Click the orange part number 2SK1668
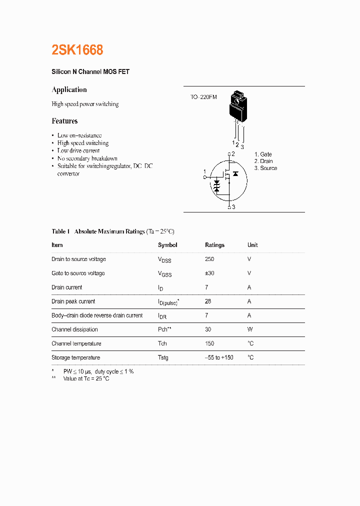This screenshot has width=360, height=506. click(x=77, y=50)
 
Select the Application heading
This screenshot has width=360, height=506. click(x=69, y=90)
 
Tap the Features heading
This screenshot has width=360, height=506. click(x=64, y=121)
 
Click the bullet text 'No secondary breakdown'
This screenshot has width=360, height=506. click(x=87, y=158)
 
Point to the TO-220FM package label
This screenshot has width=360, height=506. click(x=203, y=97)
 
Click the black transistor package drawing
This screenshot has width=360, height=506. click(x=237, y=106)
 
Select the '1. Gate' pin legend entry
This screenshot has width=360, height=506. click(x=263, y=154)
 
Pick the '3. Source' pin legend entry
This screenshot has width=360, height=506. click(x=265, y=168)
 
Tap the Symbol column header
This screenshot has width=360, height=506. click(x=167, y=245)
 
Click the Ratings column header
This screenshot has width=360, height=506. click(x=214, y=245)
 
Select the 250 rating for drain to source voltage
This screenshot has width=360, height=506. click(x=209, y=259)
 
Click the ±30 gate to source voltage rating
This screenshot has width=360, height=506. click(x=209, y=273)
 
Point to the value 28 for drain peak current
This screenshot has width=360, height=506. click(x=208, y=301)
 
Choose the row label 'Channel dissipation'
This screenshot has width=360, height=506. click(x=74, y=329)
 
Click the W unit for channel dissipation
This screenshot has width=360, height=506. click(x=249, y=329)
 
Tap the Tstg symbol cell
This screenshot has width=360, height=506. click(x=163, y=357)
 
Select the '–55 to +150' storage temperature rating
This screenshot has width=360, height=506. click(x=219, y=357)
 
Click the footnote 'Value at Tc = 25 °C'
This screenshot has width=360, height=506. click(x=86, y=379)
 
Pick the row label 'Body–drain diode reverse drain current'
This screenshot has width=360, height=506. click(x=97, y=315)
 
